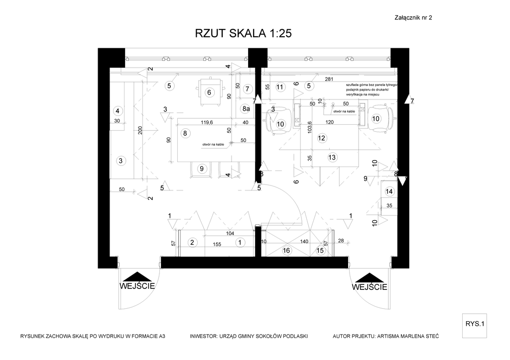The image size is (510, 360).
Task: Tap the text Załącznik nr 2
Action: point(413,17)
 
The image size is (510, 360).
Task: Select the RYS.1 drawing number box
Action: point(475,324)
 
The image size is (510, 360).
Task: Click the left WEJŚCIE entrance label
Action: point(137,286)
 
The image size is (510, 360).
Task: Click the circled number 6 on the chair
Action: point(209,92)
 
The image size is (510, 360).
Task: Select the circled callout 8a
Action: point(246,108)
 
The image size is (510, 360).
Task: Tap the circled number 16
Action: point(286,251)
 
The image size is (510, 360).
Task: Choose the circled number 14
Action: point(389,191)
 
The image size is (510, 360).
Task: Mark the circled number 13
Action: point(332,158)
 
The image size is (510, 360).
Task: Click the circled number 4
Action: point(118,110)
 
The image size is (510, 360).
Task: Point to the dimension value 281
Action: point(329,80)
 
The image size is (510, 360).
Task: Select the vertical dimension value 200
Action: point(140,130)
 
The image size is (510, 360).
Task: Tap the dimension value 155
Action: point(217,245)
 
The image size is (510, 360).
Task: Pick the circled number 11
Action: point(280,87)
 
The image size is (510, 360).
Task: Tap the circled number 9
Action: point(202,168)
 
